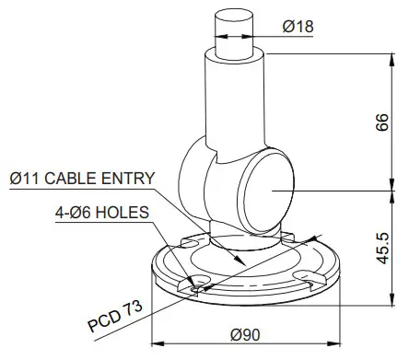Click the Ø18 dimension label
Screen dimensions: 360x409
298,27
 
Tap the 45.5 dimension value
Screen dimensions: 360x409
382,247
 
